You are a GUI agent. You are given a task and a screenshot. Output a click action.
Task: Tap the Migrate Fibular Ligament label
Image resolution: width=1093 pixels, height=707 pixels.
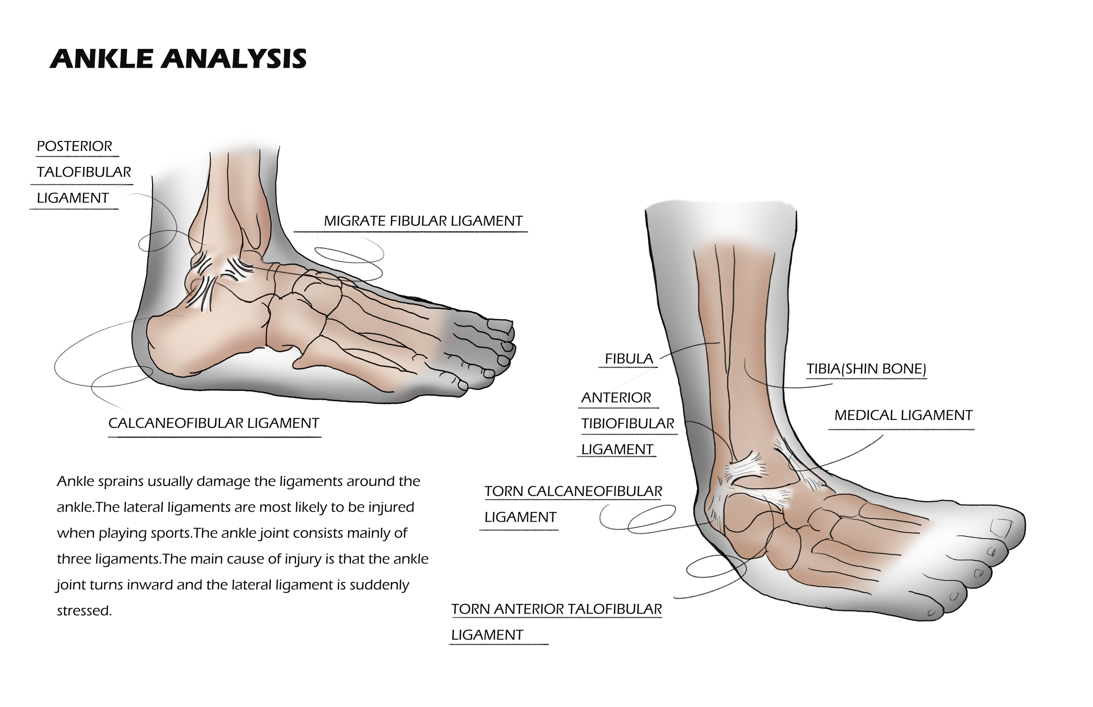pos(423,221)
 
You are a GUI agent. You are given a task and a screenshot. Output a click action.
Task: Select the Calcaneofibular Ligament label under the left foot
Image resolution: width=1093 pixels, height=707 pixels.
pos(213,423)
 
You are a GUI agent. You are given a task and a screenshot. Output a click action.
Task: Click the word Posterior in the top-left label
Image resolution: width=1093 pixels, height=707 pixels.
pos(74,146)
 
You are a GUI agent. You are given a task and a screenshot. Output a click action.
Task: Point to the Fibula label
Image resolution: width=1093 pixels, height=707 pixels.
pos(629,359)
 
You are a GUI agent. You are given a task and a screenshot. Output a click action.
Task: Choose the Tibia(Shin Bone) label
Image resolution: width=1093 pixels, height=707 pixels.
pos(866,369)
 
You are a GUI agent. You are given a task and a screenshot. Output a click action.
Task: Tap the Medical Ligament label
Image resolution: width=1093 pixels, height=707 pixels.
pos(903,416)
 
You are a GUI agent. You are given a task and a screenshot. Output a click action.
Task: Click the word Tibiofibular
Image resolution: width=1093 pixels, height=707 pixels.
pos(627,424)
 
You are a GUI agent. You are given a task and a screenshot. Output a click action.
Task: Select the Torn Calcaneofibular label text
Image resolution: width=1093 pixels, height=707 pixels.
pos(573,491)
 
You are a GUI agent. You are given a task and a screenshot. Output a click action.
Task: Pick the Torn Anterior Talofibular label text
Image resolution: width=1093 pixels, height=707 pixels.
pos(557,609)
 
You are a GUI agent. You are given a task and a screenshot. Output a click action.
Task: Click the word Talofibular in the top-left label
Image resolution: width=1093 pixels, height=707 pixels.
pos(84,172)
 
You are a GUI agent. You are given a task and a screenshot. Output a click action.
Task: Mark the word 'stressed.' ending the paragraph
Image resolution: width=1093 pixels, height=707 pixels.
pos(84,611)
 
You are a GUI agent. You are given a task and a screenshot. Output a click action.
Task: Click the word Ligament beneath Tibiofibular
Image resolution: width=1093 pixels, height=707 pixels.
pos(617,450)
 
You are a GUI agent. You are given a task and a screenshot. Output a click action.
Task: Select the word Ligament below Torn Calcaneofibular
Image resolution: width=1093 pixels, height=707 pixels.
pos(520,517)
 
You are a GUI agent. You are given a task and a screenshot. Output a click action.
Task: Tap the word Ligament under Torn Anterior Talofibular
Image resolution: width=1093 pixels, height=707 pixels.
pos(487,635)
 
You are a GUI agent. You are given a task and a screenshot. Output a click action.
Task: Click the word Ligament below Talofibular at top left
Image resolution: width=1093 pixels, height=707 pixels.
pos(73,198)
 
